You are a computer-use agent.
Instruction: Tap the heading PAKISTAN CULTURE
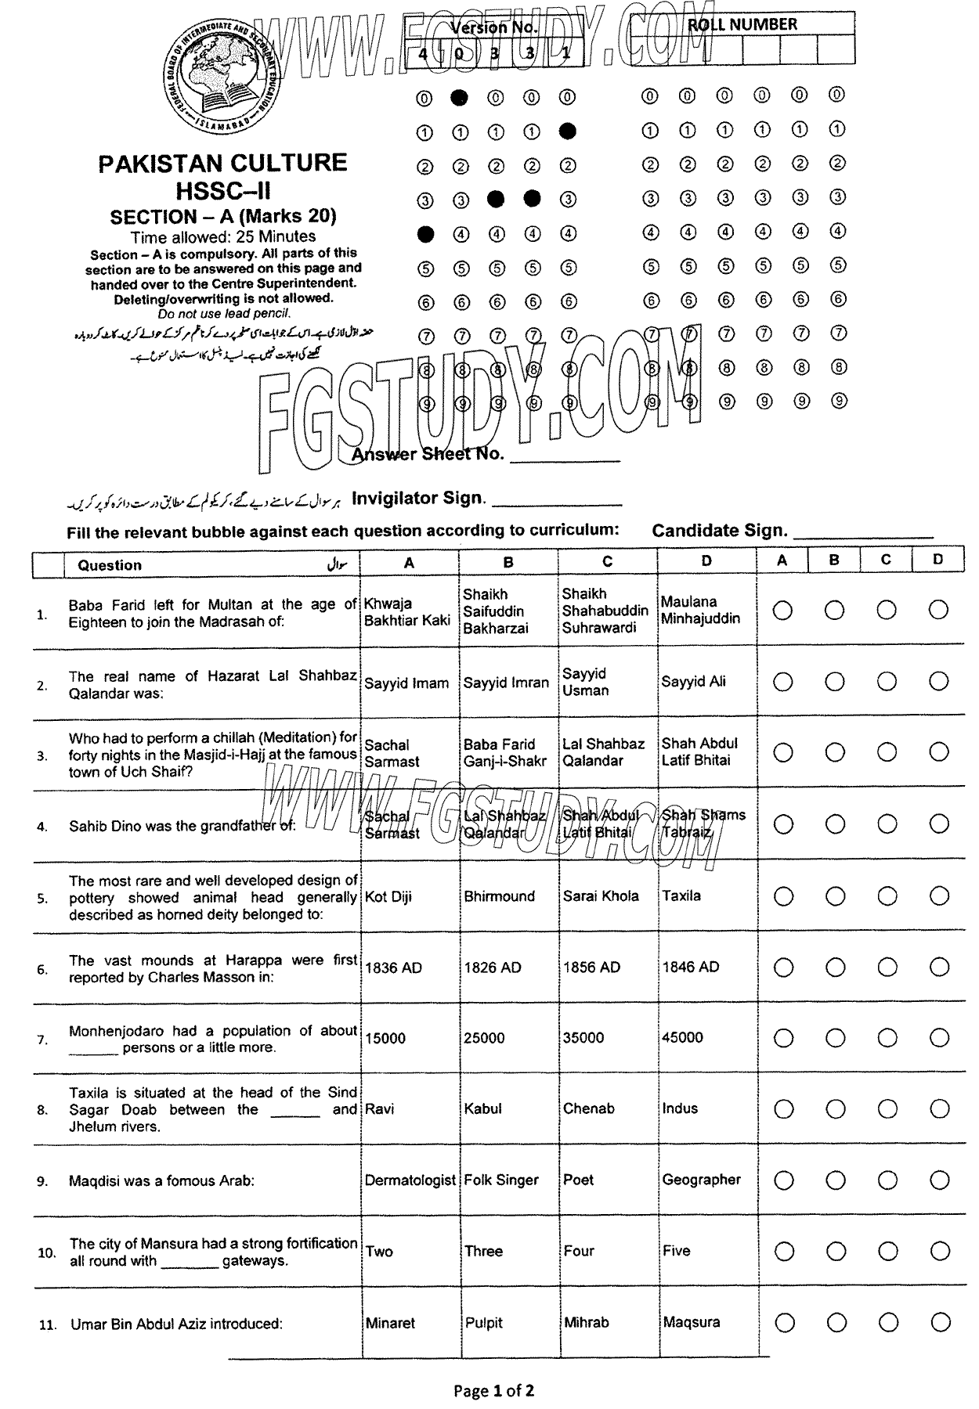[x=222, y=163]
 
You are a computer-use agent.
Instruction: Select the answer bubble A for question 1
[x=782, y=611]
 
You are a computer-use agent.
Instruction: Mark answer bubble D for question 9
[x=938, y=1180]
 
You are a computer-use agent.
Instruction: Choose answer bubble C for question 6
[x=887, y=968]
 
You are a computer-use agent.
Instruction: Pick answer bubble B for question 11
[x=836, y=1323]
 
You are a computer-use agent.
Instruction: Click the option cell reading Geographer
[x=701, y=1180]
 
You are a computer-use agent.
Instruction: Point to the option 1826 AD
[x=492, y=968]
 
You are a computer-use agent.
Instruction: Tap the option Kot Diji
[x=388, y=896]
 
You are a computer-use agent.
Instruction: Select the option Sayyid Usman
[x=585, y=682]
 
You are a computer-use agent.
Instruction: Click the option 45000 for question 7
[x=682, y=1037]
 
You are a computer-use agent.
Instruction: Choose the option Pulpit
[x=483, y=1323]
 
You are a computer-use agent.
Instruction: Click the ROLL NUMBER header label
[x=742, y=24]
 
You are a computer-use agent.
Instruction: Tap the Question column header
[x=110, y=565]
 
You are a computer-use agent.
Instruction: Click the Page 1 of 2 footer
[x=494, y=1391]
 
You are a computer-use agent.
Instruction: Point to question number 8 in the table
[x=42, y=1110]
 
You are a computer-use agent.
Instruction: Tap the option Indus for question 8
[x=680, y=1108]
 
